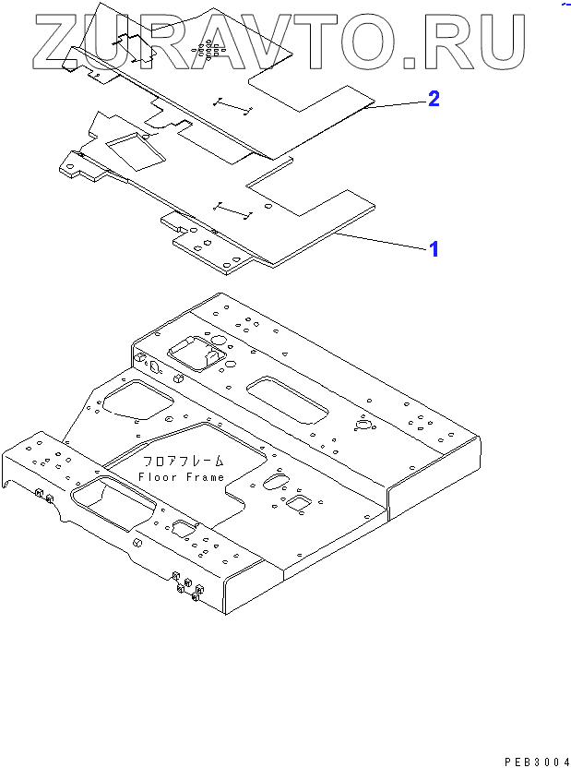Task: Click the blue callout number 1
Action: [x=432, y=249]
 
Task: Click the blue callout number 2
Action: [x=432, y=99]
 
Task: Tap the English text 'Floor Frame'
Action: [x=181, y=476]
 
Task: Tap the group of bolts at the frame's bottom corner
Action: [x=186, y=588]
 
